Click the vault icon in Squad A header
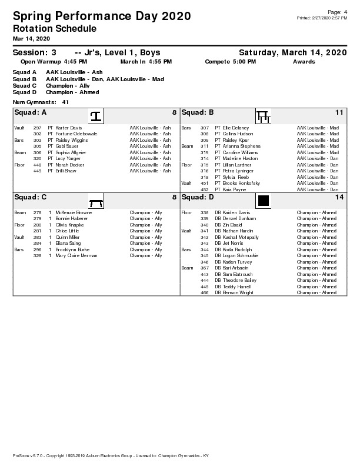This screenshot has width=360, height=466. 96,116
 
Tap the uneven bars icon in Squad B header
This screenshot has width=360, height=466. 263,116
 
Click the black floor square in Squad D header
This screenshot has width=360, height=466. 263,201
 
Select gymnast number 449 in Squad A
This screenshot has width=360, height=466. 38,171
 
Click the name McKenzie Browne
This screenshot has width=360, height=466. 74,212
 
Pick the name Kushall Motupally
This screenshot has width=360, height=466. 241,237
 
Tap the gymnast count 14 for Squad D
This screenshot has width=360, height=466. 339,197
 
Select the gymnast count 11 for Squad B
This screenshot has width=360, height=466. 339,112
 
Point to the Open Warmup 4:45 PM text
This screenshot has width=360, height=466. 54,61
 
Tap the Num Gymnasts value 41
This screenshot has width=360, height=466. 65,102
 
